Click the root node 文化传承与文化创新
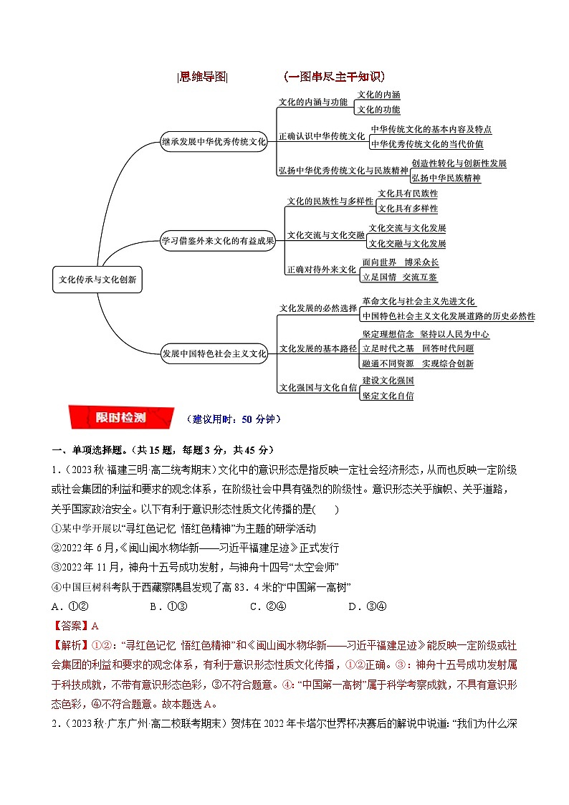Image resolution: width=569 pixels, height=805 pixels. pos(97,280)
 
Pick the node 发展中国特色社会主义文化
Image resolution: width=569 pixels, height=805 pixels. pos(214,353)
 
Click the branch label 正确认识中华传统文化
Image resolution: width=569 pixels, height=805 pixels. pos(322,136)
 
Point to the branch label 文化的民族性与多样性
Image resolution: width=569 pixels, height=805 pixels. pos(330,201)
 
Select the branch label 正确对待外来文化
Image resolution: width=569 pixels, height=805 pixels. pos(321,270)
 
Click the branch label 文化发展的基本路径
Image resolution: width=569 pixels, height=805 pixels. pos(317,349)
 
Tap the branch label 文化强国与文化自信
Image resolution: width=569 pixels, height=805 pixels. pos(317,388)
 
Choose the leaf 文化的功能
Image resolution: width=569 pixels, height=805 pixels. pos(378,110)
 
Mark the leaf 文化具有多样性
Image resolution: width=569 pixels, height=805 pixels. pos(408,209)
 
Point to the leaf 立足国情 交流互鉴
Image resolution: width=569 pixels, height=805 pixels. pos(400,277)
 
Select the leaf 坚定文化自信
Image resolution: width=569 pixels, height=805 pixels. pos(388,396)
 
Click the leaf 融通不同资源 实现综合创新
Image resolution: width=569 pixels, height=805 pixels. pos(418,363)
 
